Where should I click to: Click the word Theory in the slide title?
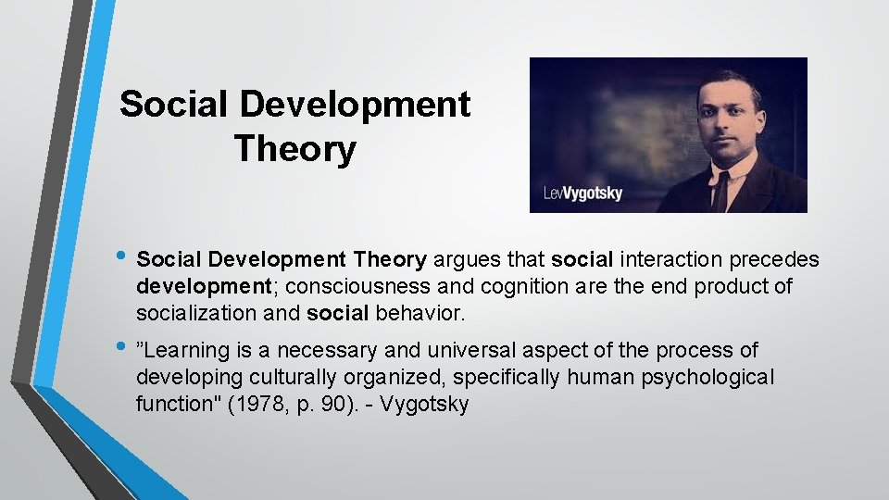[x=294, y=148]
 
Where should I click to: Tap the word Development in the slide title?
[x=355, y=104]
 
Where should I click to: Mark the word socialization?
[x=196, y=313]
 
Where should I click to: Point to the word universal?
[x=472, y=351]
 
